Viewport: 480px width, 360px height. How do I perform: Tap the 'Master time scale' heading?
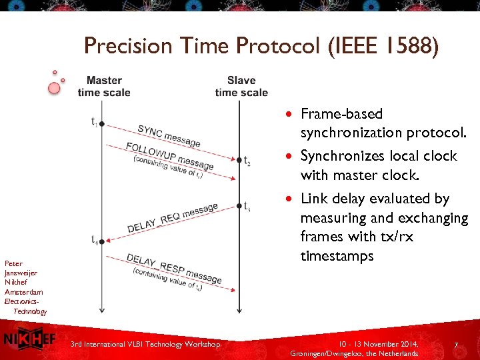[104, 87]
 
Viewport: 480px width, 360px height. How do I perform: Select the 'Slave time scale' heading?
[241, 87]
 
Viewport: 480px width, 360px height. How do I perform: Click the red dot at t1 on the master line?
[102, 123]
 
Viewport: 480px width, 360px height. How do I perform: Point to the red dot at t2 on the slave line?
[239, 160]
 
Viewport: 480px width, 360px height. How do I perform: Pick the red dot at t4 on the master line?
[102, 241]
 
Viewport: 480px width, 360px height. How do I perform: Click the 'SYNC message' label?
[169, 136]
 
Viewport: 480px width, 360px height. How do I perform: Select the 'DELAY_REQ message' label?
[172, 217]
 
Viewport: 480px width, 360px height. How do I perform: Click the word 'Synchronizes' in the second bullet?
[341, 156]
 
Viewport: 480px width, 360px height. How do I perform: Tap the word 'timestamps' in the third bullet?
[337, 257]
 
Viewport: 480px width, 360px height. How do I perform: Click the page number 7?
[455, 345]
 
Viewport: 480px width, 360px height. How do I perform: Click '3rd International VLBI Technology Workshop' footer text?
[145, 344]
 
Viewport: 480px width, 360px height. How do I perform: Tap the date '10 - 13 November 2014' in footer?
[378, 344]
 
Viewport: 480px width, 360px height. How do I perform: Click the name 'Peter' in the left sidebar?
[13, 263]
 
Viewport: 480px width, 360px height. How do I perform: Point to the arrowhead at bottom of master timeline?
[102, 309]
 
